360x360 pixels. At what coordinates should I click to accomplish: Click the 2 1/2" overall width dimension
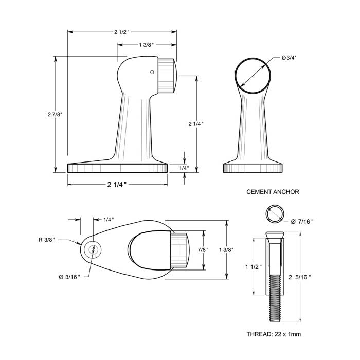point(122,32)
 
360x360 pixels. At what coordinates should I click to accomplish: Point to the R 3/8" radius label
point(47,240)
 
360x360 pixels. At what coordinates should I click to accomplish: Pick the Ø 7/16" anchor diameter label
point(302,222)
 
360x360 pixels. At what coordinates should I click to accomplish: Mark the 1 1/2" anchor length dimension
point(254,267)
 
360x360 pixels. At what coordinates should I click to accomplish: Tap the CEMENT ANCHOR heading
point(273,192)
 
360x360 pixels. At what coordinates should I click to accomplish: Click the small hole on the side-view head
point(152,73)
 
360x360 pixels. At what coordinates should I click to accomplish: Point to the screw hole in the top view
point(93,249)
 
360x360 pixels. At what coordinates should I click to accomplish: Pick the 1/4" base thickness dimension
point(184,168)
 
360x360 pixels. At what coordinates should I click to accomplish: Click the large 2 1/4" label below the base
point(117,184)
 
